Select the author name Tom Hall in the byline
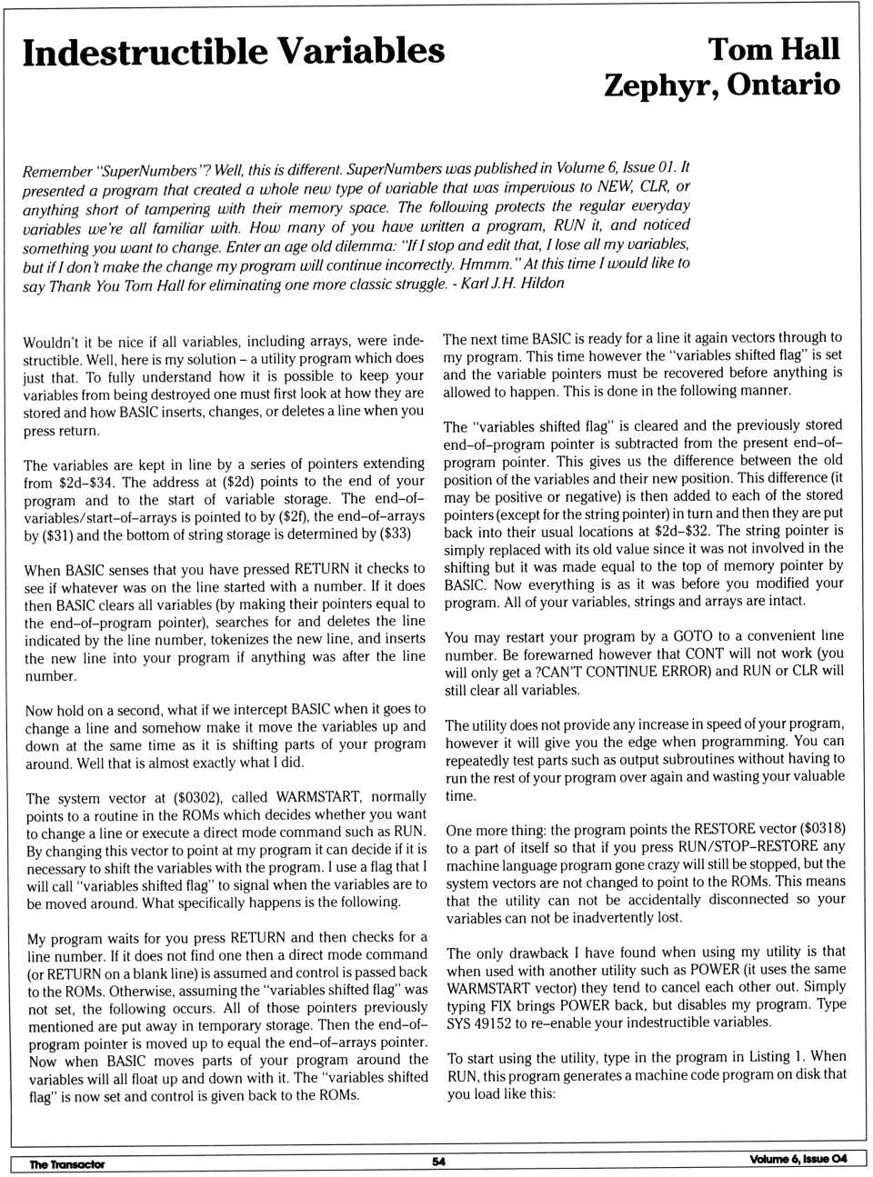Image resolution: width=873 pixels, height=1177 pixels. (773, 50)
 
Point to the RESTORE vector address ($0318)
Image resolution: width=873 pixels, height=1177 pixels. (823, 829)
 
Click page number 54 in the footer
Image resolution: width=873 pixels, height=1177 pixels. (438, 1162)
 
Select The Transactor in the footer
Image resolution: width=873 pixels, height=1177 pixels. (66, 1163)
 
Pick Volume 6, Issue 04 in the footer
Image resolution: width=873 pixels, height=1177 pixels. (798, 1159)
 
